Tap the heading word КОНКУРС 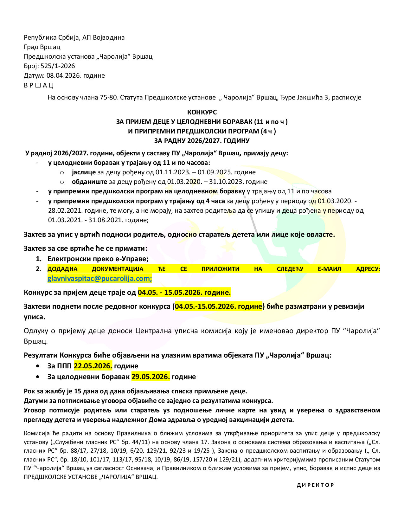tap(202, 112)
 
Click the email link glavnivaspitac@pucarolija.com tap(99, 279)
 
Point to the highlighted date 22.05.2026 tap(93, 366)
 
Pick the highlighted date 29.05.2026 tap(151, 377)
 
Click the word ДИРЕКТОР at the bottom tap(315, 485)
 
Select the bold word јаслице tap(84, 172)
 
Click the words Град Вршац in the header tap(42, 47)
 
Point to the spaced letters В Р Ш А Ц tap(39, 85)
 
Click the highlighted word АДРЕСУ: tap(368, 269)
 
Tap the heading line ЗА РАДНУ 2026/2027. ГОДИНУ tap(202, 141)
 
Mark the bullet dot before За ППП tap(38, 366)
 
